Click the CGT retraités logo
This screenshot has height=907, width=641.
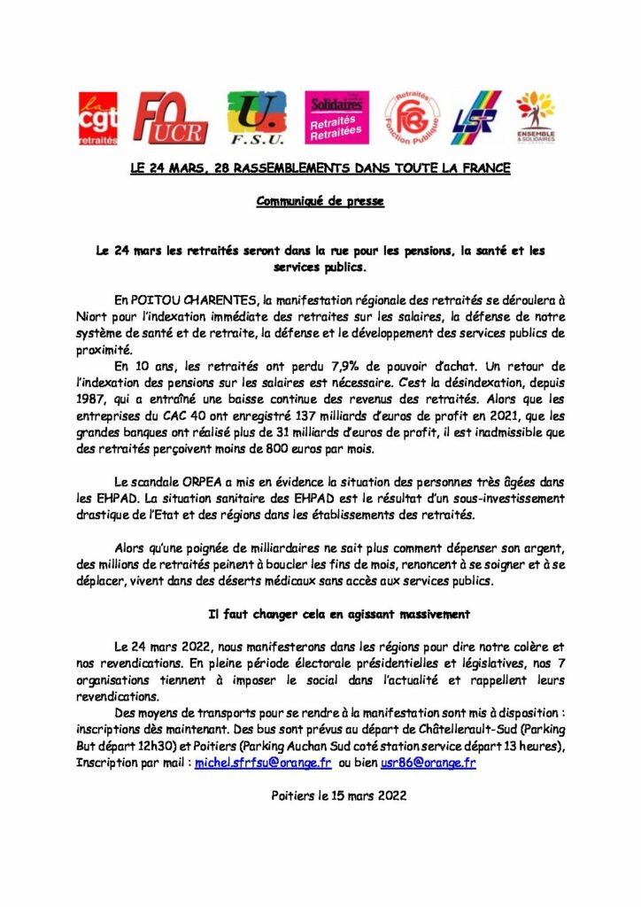pos(97,119)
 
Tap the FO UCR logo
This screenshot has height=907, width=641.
pos(170,119)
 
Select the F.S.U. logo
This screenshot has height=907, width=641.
pos(258,119)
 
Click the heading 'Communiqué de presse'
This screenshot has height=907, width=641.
pos(320,201)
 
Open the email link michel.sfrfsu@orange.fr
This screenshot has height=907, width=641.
pos(263,762)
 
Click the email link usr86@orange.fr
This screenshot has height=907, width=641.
pos(429,762)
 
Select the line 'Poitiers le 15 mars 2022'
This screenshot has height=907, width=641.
pos(338,795)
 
